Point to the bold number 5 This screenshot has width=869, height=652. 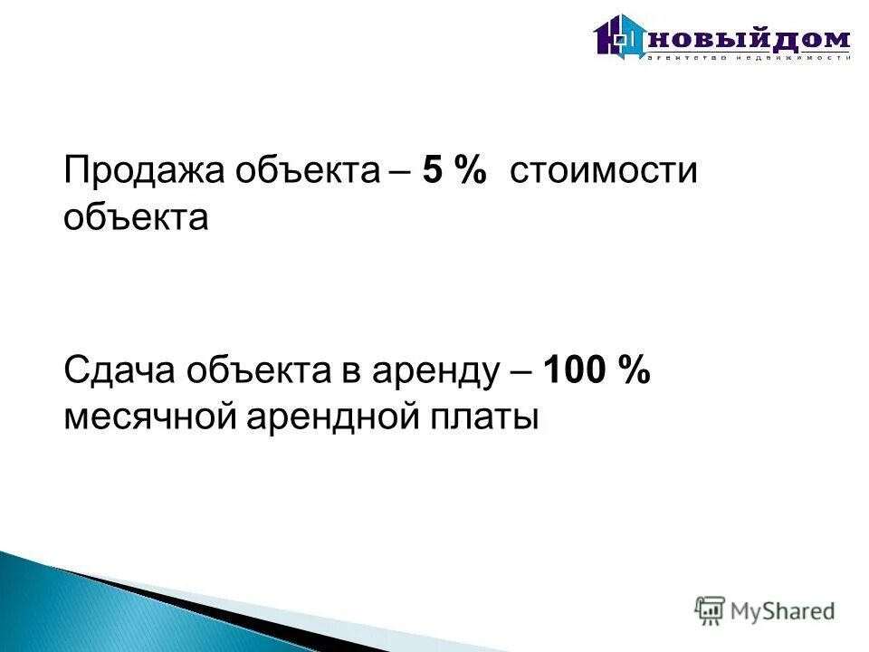[x=432, y=172]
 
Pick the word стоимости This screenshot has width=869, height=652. [x=604, y=172]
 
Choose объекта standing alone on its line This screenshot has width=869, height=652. [x=137, y=218]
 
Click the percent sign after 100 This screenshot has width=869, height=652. [x=634, y=371]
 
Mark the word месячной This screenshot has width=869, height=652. [x=148, y=417]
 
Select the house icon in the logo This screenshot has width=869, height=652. [x=619, y=38]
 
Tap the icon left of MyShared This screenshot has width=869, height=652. [x=710, y=611]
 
